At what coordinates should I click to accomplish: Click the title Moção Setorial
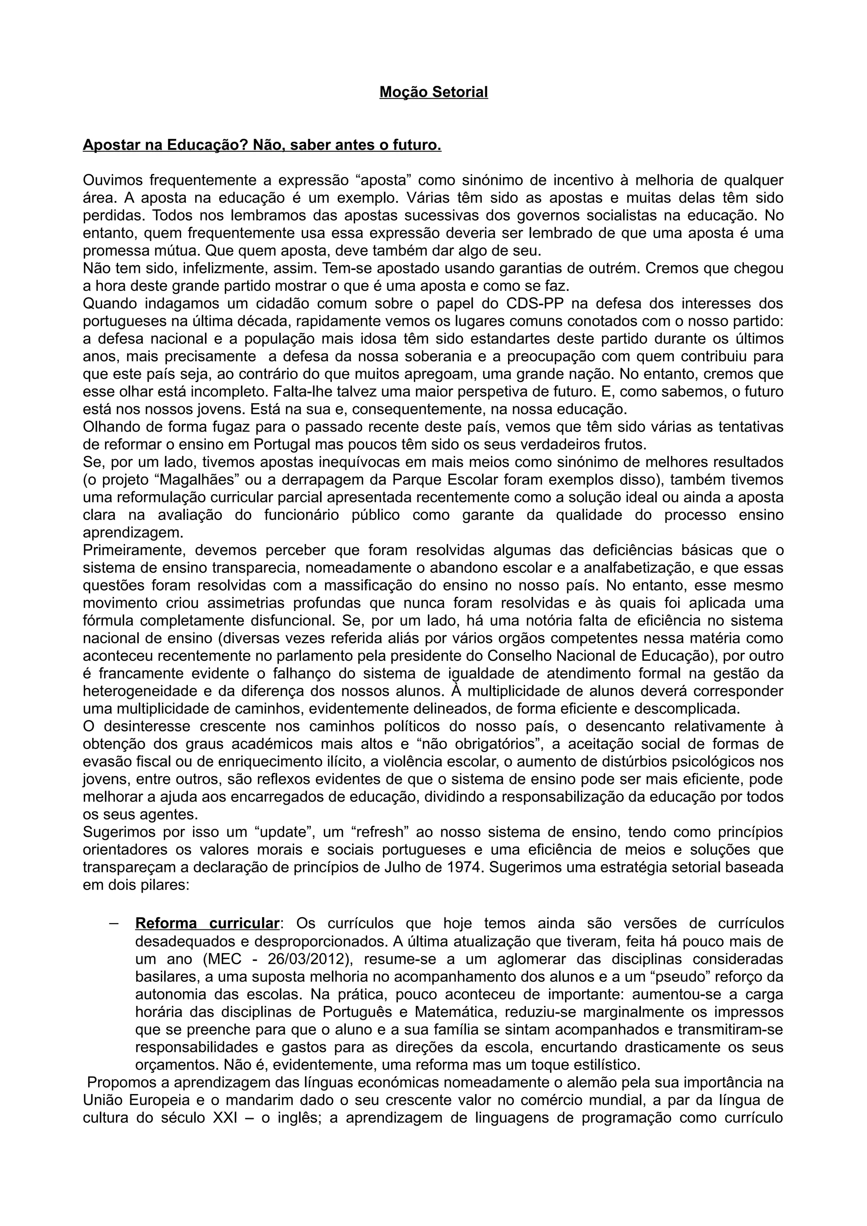coord(433,92)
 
